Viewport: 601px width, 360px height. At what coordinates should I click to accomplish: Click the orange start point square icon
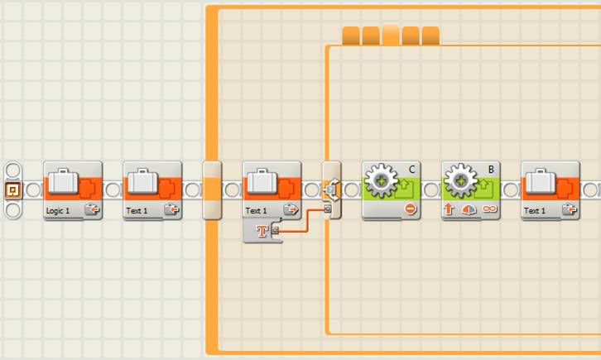12,190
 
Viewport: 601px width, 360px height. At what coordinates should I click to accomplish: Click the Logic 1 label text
58,211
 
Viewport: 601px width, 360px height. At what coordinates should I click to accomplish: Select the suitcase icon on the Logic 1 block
63,180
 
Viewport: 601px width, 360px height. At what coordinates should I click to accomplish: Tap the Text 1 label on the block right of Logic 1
137,211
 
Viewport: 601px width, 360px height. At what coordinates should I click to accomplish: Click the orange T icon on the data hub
262,231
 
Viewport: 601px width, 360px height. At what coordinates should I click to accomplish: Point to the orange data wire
306,221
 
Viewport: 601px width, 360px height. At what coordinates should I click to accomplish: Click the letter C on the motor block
412,170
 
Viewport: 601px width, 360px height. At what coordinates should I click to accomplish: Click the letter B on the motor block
491,170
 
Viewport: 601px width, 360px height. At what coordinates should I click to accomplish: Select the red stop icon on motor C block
410,209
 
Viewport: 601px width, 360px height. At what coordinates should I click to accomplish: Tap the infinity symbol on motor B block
490,209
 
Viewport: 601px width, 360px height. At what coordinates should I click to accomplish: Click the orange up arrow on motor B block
449,209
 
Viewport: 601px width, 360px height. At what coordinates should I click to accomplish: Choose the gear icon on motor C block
381,180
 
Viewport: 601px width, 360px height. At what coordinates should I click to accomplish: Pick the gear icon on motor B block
460,180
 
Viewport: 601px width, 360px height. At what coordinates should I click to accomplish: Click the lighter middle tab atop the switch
391,35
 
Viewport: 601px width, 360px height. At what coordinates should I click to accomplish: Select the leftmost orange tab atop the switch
351,36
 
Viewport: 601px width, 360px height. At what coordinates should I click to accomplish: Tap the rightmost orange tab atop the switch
430,36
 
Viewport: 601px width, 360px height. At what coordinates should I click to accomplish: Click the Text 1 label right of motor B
535,211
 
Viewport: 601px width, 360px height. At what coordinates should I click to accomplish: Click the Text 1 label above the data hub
257,211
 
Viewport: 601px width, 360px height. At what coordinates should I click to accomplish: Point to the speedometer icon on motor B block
469,209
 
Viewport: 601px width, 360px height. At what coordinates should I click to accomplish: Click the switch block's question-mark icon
329,190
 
